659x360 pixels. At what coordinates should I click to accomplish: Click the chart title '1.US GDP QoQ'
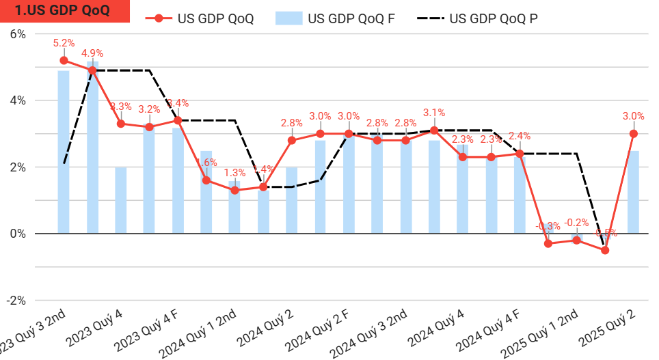coord(62,12)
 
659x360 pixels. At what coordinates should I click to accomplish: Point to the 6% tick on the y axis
coord(16,34)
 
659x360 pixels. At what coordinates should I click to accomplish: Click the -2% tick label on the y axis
coord(15,300)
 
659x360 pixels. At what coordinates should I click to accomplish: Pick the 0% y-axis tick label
coord(16,234)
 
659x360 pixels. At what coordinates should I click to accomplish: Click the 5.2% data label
coord(64,43)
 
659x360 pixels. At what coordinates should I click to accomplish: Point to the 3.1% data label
coord(434,113)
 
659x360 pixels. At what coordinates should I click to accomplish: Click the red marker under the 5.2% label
coord(64,60)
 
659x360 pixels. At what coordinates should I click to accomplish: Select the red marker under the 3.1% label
coord(434,130)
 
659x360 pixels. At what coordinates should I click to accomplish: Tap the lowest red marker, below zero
coord(605,250)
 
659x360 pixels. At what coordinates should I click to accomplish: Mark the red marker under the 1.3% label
coord(234,191)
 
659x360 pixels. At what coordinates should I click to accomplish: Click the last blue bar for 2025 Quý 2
coord(634,192)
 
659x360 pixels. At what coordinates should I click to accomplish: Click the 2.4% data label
coord(520,136)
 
